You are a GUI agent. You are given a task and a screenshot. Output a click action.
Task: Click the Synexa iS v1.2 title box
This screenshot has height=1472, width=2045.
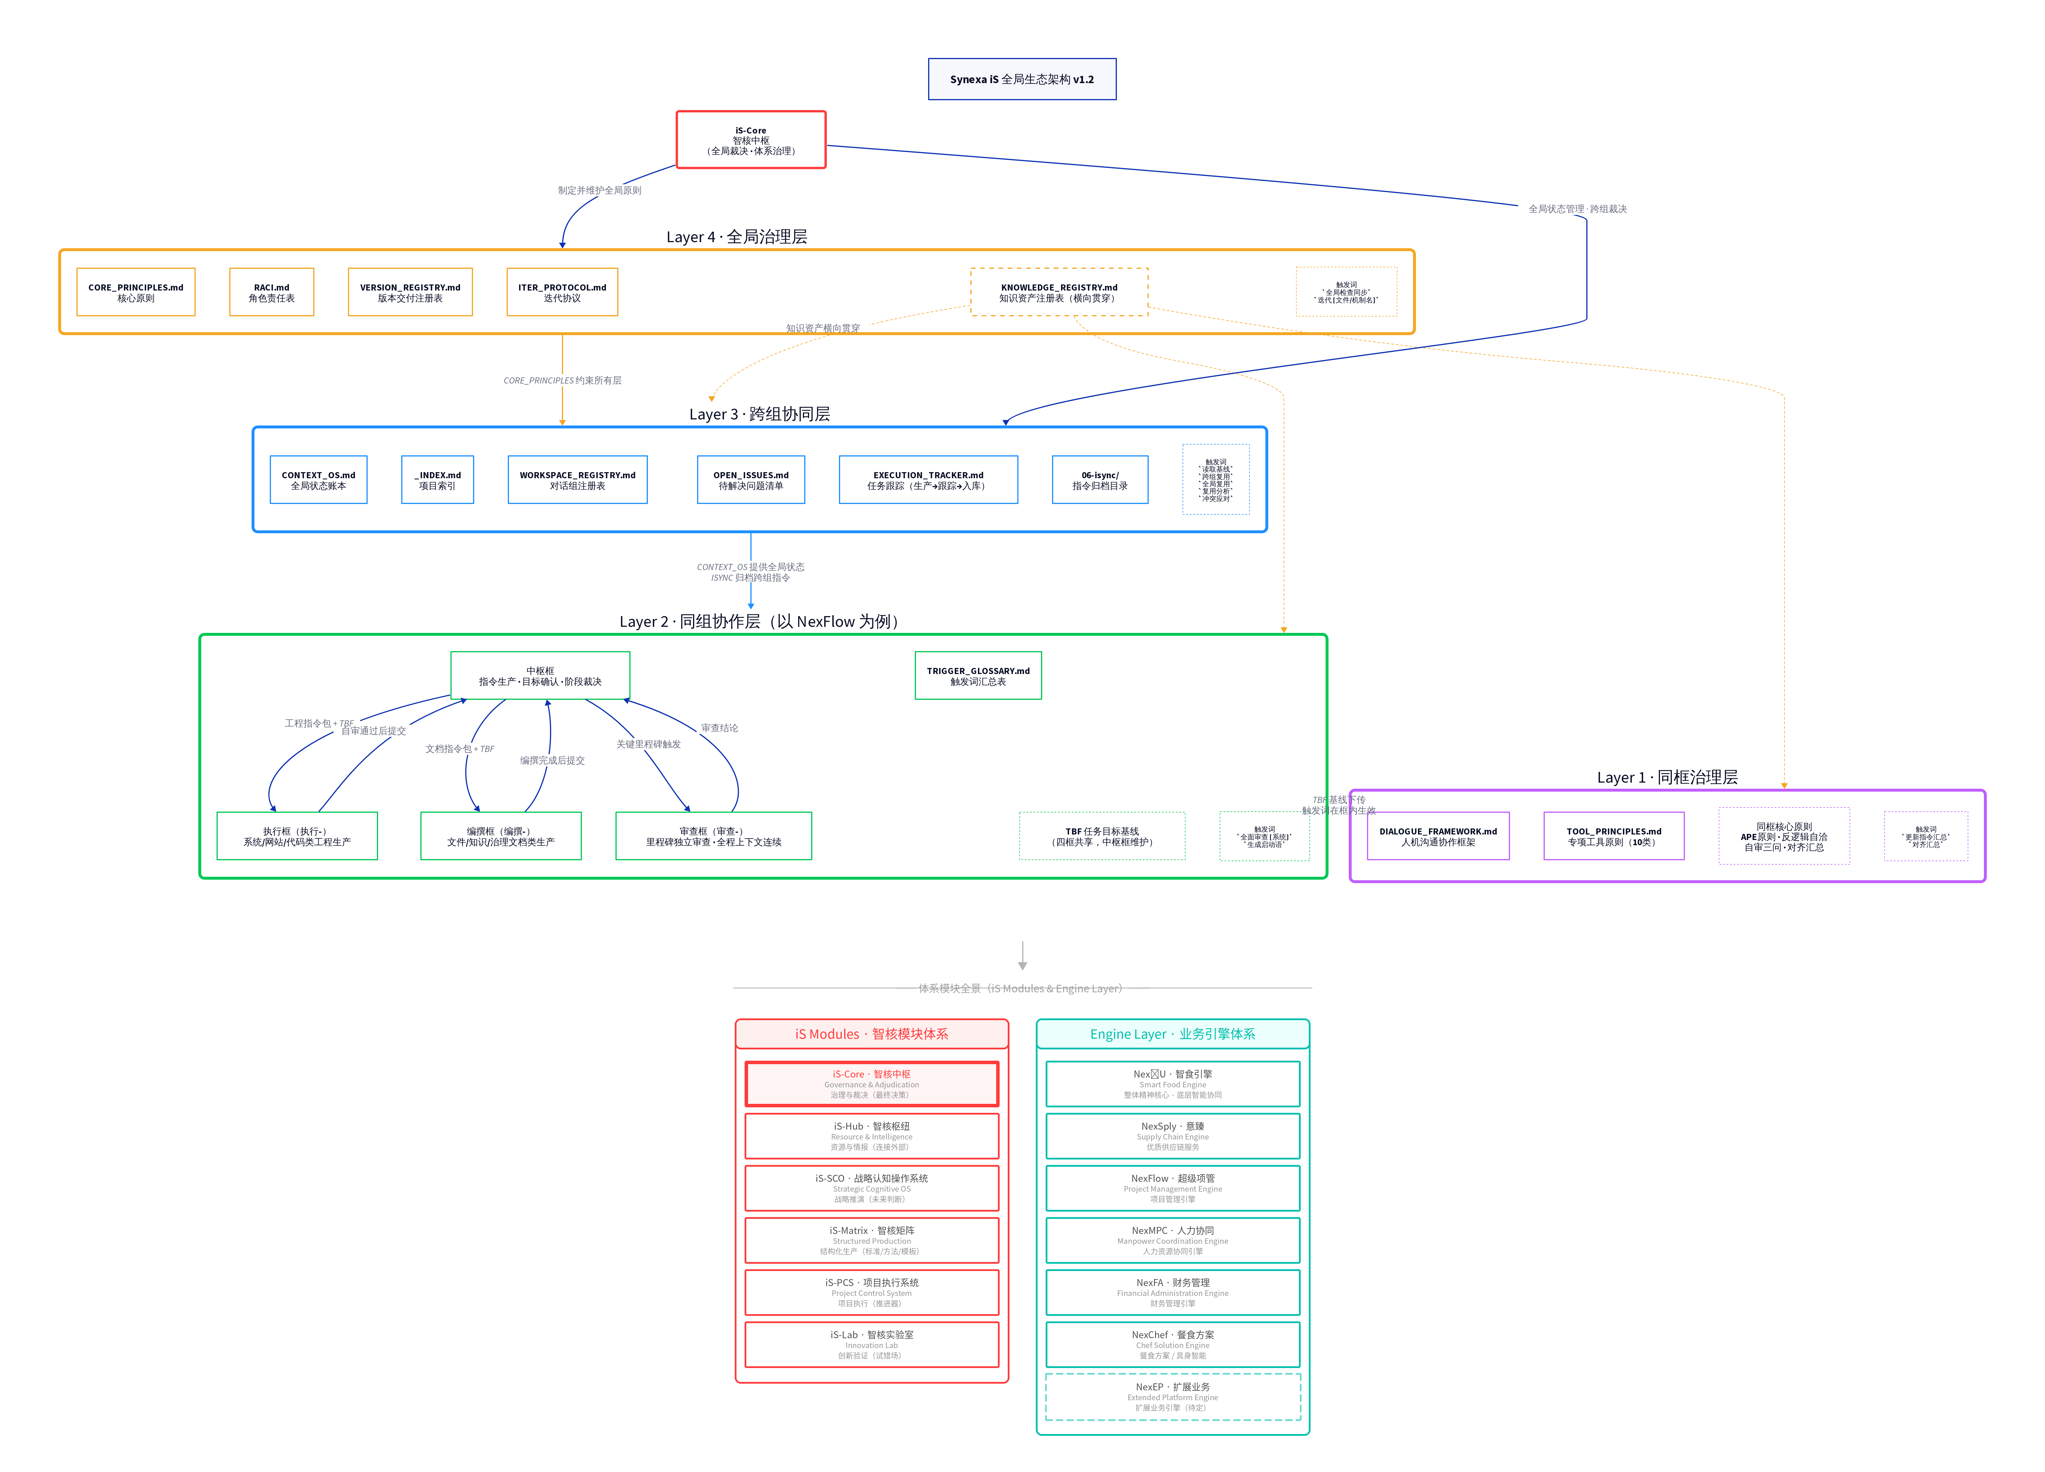[1022, 79]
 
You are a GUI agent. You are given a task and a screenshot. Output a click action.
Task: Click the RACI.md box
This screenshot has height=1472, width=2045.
[272, 292]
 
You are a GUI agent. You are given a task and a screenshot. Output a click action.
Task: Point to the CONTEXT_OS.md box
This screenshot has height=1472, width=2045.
[318, 480]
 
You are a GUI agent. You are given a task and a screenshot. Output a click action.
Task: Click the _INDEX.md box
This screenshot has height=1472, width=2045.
[437, 480]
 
